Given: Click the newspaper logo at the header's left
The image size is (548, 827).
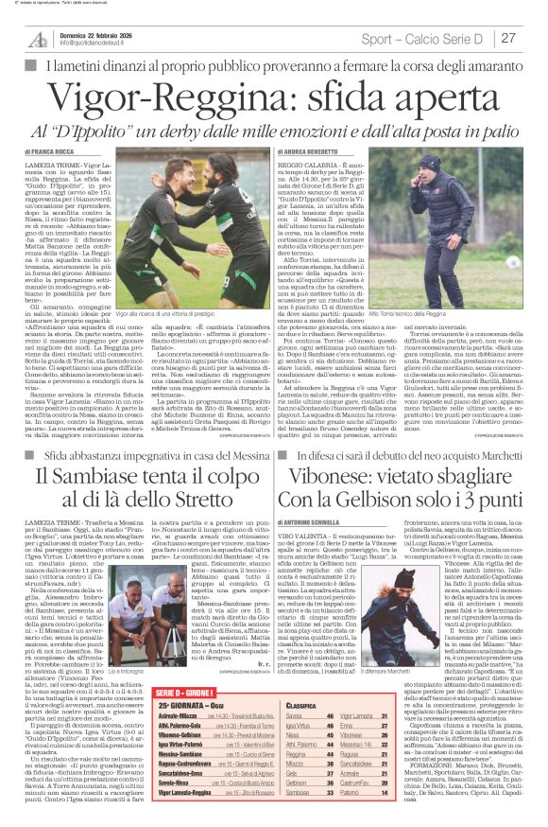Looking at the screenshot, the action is (x=38, y=38).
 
